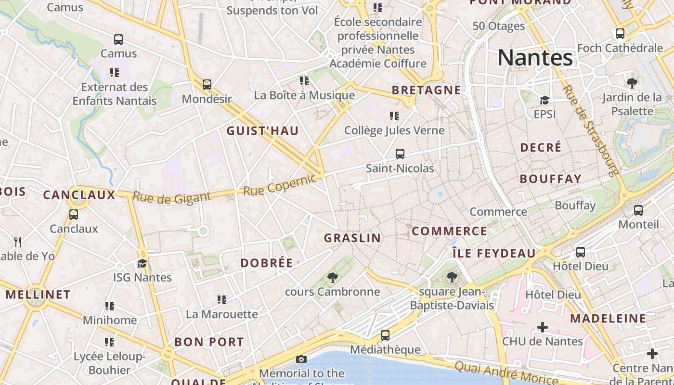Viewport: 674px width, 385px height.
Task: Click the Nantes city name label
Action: [535, 58]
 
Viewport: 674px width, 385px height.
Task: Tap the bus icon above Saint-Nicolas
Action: [400, 154]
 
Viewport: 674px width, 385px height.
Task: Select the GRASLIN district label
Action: [352, 238]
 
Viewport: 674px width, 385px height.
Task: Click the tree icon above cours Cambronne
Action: [332, 277]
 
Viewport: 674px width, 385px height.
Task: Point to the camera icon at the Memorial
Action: [301, 359]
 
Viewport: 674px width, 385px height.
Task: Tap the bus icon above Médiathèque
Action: [385, 335]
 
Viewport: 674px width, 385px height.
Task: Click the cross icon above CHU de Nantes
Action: [543, 327]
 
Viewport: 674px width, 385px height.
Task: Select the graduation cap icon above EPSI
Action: [544, 100]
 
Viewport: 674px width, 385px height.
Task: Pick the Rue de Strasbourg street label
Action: [590, 130]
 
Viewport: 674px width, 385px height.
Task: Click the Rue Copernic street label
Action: [280, 185]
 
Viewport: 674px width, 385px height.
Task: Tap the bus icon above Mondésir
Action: [207, 85]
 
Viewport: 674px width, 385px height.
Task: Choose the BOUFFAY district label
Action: [551, 179]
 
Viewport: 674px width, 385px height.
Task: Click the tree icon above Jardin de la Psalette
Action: [632, 83]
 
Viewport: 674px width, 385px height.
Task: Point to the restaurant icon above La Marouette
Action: [222, 300]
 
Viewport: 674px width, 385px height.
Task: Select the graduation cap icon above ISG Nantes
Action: [142, 263]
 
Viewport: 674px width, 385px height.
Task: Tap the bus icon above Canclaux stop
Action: [74, 215]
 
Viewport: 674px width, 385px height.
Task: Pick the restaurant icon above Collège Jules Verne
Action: [394, 116]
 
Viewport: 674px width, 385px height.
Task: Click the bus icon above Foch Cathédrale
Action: [620, 34]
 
